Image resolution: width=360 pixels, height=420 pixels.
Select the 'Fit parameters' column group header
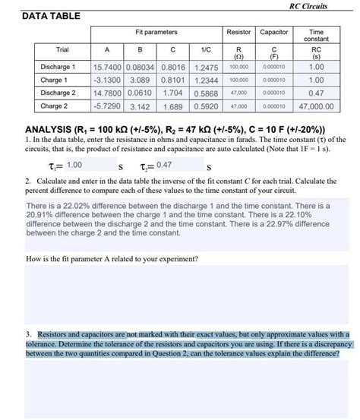click(156, 33)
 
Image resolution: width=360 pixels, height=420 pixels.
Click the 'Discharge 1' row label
click(58, 67)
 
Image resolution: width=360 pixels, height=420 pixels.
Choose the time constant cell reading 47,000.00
click(317, 107)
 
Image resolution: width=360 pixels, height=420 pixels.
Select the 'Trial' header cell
click(62, 50)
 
